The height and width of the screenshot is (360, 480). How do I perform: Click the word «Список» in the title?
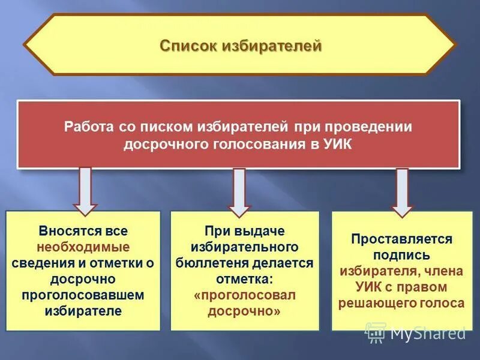pyautogui.click(x=191, y=46)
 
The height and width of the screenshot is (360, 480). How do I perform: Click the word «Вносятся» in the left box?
pyautogui.click(x=62, y=231)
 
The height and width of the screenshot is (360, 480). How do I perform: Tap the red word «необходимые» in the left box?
pyautogui.click(x=83, y=247)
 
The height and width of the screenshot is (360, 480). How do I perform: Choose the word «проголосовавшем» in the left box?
pyautogui.click(x=83, y=295)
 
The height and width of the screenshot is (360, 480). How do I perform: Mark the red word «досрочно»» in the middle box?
pyautogui.click(x=244, y=311)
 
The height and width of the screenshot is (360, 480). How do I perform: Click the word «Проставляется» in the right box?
pyautogui.click(x=401, y=239)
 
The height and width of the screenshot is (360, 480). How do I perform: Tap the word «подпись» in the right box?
pyautogui.click(x=401, y=255)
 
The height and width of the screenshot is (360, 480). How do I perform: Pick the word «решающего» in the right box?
pyautogui.click(x=368, y=303)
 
